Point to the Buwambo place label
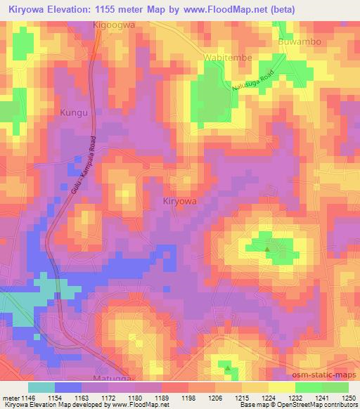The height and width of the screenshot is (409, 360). pos(300,41)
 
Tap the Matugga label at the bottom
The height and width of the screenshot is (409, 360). pos(115,377)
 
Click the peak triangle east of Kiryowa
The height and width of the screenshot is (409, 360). pos(267,248)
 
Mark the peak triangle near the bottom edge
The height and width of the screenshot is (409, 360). pos(227,365)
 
